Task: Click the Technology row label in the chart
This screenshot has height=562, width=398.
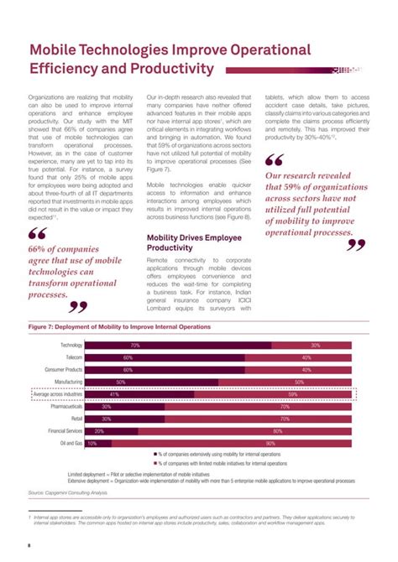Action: [71, 346]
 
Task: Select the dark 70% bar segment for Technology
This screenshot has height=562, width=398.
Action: [178, 346]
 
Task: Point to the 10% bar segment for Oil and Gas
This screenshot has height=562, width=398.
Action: [98, 443]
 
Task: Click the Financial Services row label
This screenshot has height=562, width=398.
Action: [65, 430]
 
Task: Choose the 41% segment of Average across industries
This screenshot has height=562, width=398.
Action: [139, 394]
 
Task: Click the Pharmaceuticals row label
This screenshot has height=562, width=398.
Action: [65, 406]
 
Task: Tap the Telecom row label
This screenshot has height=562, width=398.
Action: [73, 357]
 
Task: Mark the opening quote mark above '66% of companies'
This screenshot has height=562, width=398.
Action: [37, 234]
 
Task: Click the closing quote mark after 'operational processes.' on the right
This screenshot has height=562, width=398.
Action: [356, 246]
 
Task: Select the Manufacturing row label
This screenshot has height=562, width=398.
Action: [68, 382]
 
